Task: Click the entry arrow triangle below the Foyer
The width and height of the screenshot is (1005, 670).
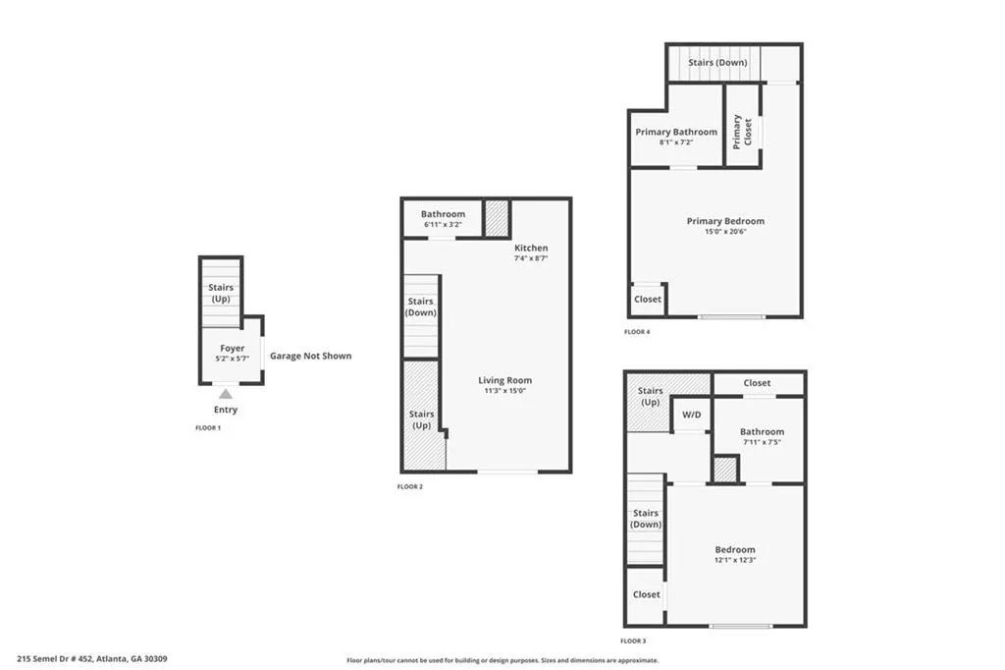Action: click(225, 394)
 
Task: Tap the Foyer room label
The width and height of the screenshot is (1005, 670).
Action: click(232, 348)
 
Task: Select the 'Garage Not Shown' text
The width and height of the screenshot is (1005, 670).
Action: click(310, 356)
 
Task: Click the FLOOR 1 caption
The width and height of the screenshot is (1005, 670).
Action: click(208, 428)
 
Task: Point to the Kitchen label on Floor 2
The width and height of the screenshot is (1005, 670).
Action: click(531, 248)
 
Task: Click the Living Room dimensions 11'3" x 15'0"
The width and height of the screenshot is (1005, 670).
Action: click(505, 392)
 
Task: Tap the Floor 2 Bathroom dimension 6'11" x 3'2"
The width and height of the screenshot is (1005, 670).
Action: click(443, 225)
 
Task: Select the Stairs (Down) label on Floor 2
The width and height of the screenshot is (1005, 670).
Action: click(420, 307)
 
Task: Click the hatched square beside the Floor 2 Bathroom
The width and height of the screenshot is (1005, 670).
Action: click(497, 217)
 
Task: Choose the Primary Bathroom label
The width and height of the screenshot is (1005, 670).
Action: click(676, 132)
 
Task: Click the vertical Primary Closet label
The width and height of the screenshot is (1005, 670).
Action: click(743, 132)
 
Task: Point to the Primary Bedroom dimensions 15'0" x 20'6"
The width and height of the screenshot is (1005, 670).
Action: click(725, 233)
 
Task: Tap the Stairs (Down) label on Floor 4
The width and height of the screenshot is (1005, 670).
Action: click(717, 63)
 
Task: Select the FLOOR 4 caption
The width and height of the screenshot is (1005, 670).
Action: click(637, 332)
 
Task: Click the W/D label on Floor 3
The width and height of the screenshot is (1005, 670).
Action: click(692, 415)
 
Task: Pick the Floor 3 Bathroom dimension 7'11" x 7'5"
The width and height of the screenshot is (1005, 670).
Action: click(762, 443)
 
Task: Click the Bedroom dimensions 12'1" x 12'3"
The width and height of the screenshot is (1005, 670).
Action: click(735, 561)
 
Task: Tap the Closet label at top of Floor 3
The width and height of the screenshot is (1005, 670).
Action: click(757, 383)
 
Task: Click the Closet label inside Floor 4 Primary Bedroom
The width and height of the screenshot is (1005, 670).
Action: click(648, 299)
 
